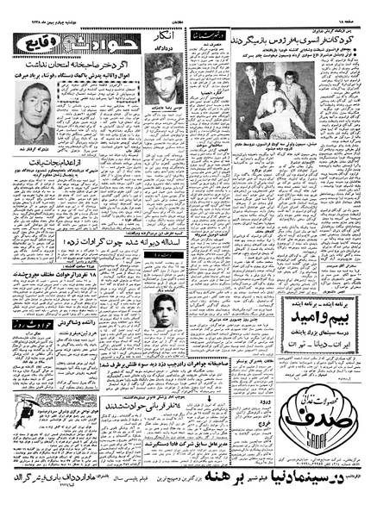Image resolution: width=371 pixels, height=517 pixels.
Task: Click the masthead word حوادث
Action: click(86, 37)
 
